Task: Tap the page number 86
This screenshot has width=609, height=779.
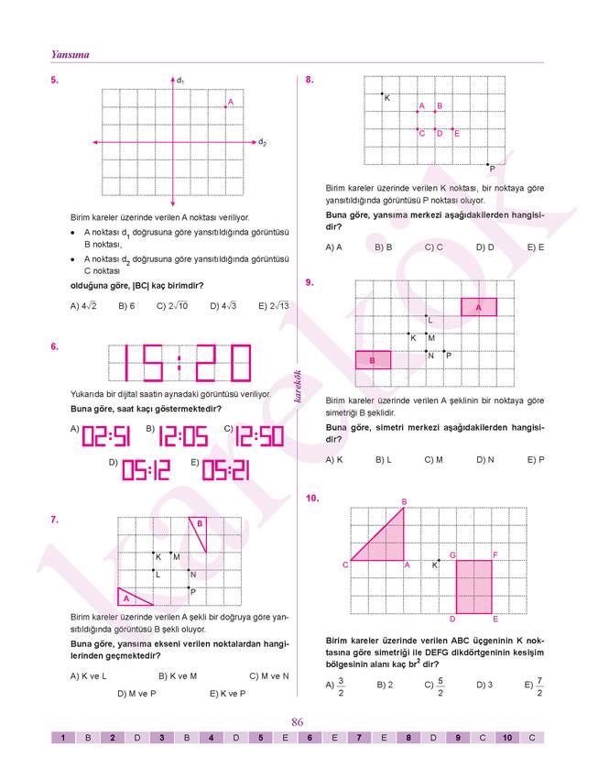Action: [x=298, y=722]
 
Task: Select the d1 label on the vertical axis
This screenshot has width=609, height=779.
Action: [x=180, y=82]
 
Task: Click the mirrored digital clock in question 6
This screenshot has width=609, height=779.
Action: [x=179, y=363]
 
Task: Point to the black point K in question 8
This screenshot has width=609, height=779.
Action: [x=382, y=94]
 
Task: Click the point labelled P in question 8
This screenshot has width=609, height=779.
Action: [x=488, y=165]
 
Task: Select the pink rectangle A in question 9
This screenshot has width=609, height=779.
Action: [x=479, y=307]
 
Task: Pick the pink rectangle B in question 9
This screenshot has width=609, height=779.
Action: [x=373, y=360]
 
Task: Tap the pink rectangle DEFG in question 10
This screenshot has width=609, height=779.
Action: [x=473, y=587]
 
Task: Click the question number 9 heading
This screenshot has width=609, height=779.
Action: [x=311, y=282]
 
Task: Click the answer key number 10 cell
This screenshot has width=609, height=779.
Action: [x=506, y=737]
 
